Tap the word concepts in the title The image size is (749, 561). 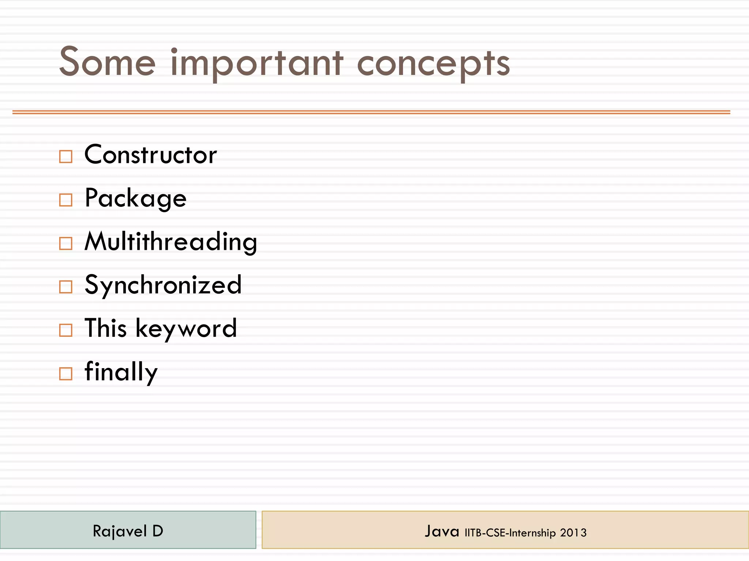(x=433, y=64)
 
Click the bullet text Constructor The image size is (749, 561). (x=150, y=154)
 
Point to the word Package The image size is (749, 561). (x=135, y=198)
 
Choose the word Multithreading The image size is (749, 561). (x=171, y=241)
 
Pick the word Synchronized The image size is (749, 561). (x=163, y=285)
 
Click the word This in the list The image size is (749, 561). (x=106, y=328)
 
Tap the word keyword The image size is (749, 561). (x=186, y=329)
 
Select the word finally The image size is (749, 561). (x=121, y=372)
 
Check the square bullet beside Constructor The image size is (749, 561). (x=66, y=156)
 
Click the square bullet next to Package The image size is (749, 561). (x=66, y=200)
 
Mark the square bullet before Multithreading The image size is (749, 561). (x=66, y=243)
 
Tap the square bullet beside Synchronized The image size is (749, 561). (x=66, y=287)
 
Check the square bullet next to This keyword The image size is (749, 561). (x=66, y=330)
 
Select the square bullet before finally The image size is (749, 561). (x=66, y=374)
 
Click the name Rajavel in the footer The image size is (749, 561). (x=120, y=531)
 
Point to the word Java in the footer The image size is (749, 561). (x=442, y=531)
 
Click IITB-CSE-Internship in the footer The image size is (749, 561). (x=510, y=533)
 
